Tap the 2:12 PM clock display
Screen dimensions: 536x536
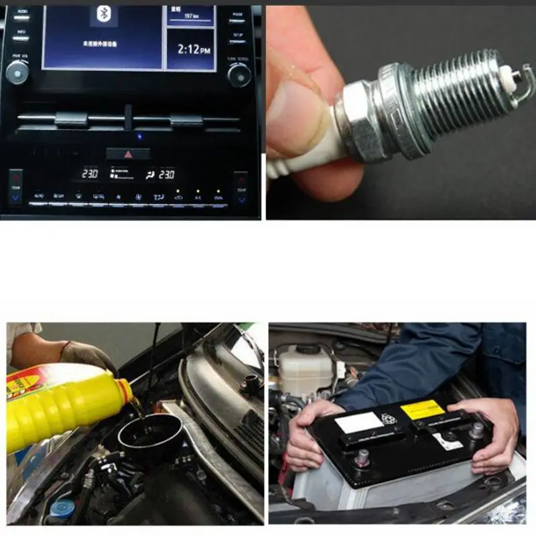coord(191,49)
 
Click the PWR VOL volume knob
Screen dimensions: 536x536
coord(17,72)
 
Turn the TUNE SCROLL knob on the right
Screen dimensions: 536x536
coord(239,74)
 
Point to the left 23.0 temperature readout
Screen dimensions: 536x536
coord(90,174)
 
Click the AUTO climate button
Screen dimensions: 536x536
coord(38,196)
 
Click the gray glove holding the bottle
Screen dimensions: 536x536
coord(87,355)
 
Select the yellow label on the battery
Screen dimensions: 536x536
coord(422,409)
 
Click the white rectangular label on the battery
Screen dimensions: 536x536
coord(359,422)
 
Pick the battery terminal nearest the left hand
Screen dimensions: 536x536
coord(362,457)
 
